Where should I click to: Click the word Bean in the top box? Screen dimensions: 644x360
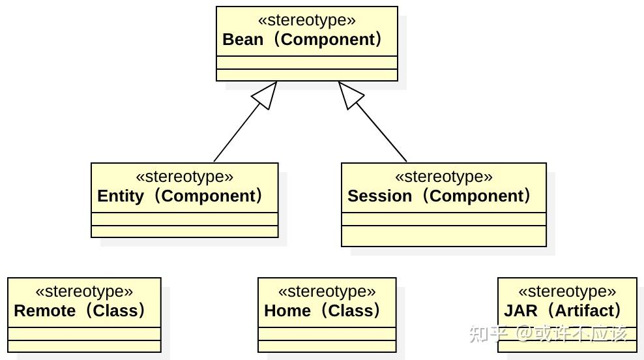pos(242,39)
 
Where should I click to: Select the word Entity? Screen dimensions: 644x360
pos(121,196)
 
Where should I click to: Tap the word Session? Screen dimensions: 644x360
pos(379,196)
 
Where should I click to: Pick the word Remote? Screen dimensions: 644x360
pos(45,310)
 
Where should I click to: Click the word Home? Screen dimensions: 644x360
pos(287,310)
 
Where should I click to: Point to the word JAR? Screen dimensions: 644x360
pos(521,310)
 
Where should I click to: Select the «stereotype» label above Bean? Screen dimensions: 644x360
pos(307,20)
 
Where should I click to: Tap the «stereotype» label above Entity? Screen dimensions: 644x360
pos(184,176)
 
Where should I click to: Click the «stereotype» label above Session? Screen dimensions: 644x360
pos(444,176)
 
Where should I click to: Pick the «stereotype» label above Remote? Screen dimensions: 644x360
pos(84,291)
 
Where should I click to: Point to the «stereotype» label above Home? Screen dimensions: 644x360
pos(327,291)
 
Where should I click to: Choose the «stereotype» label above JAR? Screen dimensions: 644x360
pos(567,291)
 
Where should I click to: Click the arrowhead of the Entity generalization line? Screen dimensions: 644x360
pos(266,95)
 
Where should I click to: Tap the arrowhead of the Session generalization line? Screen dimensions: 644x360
pos(349,95)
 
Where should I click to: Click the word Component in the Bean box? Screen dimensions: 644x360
pos(328,39)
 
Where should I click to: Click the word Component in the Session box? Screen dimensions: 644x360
pos(476,196)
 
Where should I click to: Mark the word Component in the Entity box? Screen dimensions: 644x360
pos(209,196)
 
